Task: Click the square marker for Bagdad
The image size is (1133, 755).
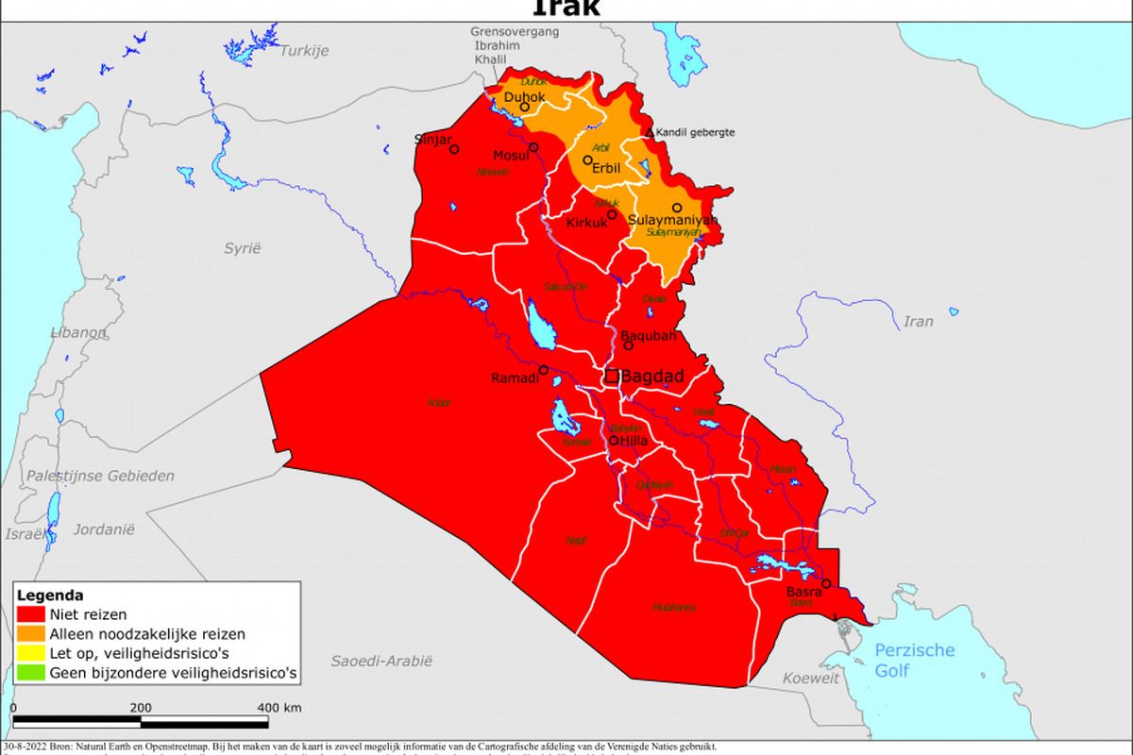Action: [x=612, y=376]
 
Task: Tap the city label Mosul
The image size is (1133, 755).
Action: [x=511, y=156]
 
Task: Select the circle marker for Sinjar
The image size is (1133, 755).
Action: [x=454, y=149]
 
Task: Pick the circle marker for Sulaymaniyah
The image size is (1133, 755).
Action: [x=676, y=208]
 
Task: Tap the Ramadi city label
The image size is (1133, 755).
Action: [x=515, y=378]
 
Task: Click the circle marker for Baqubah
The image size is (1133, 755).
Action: [x=629, y=345]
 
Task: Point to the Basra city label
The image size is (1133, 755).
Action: [x=803, y=592]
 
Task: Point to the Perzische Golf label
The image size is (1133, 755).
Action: [x=914, y=660]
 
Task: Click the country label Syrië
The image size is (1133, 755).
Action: [x=242, y=248]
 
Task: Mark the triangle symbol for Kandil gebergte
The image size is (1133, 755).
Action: [x=649, y=132]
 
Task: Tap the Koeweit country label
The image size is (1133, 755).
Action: [x=812, y=678]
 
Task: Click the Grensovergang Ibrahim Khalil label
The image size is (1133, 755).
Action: [x=516, y=45]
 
